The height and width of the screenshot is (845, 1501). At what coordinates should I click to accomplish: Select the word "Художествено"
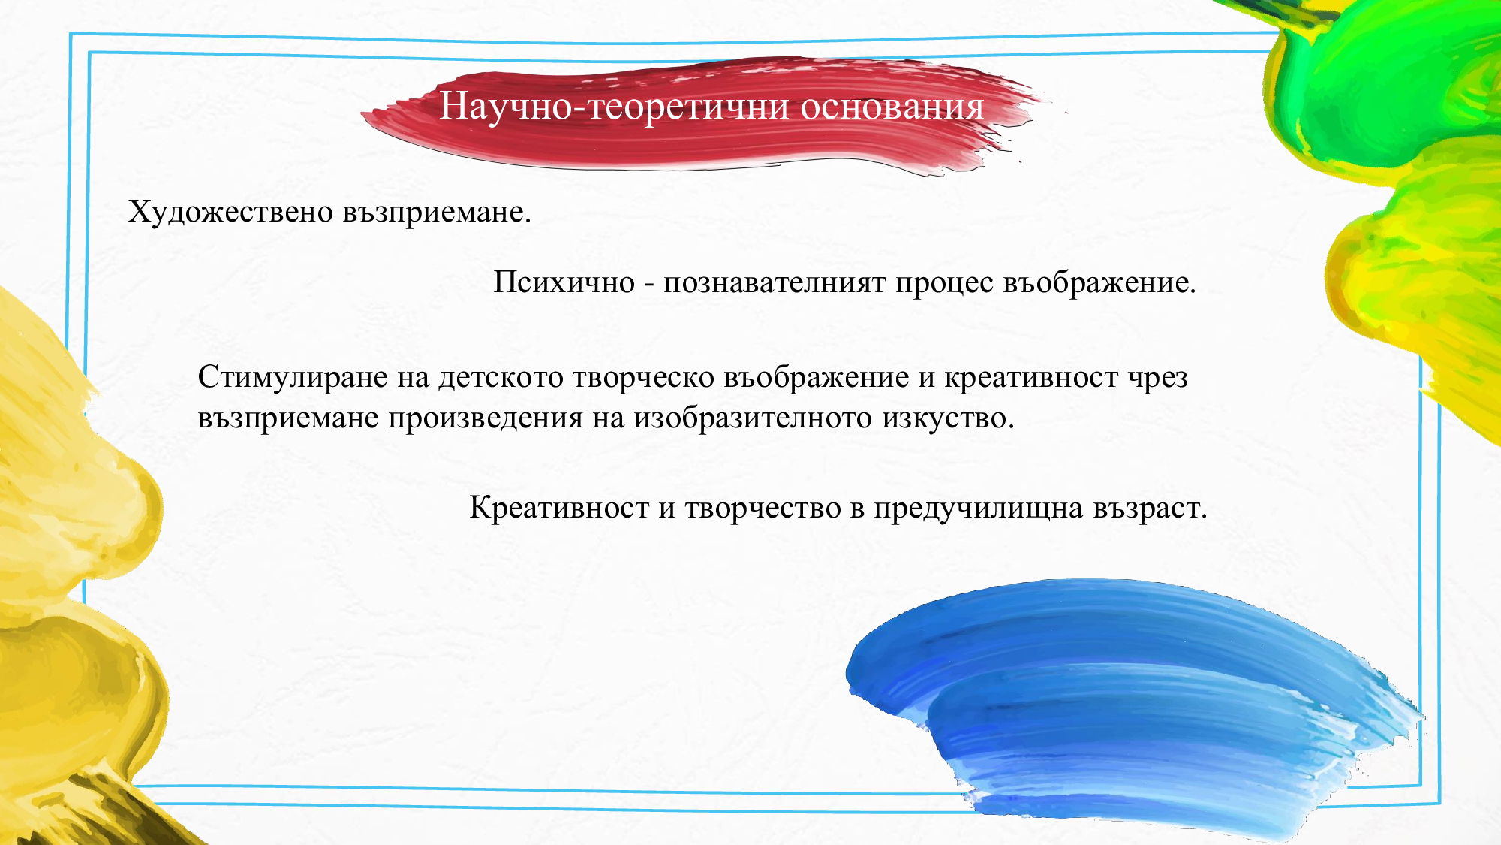tap(230, 213)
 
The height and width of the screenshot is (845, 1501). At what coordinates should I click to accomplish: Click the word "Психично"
tap(564, 283)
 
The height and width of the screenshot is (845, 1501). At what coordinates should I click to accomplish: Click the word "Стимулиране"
tap(292, 378)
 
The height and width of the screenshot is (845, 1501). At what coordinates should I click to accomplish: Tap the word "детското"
tap(501, 378)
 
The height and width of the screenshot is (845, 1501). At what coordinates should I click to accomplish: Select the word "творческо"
tap(643, 378)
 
